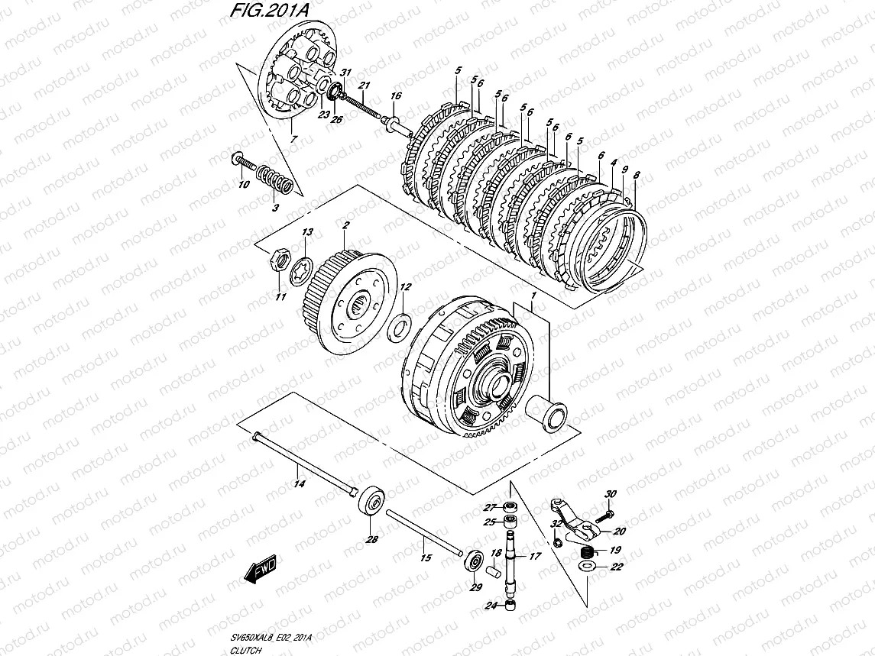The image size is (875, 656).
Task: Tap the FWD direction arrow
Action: pos(261,569)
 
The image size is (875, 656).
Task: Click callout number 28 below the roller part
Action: pos(372,540)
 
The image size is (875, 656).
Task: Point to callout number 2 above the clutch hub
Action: pos(346,227)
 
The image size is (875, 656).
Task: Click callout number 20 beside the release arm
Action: pos(619,532)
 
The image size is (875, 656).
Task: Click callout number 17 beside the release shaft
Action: pos(534,557)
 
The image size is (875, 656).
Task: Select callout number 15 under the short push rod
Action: pos(426,558)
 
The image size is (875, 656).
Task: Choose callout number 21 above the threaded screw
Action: pos(365,85)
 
